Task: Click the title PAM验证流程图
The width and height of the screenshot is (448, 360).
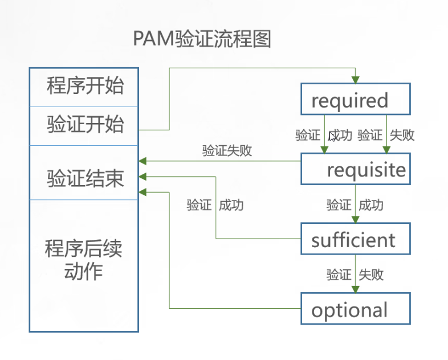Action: (202, 39)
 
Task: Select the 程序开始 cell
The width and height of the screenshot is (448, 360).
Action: (84, 87)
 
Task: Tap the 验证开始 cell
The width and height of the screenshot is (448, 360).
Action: (84, 125)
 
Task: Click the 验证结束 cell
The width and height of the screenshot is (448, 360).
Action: (84, 178)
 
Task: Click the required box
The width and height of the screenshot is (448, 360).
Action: (355, 100)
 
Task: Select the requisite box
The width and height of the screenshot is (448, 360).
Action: (355, 169)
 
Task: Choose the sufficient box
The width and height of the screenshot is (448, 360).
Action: (355, 239)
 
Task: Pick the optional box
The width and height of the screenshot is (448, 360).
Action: (355, 309)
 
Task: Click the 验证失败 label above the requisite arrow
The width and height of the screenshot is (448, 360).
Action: (227, 151)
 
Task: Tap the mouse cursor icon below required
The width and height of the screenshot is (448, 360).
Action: (333, 136)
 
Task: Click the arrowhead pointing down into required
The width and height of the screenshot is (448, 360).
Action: (356, 79)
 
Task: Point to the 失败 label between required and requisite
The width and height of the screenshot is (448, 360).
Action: (402, 136)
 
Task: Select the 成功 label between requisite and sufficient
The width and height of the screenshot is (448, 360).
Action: (371, 205)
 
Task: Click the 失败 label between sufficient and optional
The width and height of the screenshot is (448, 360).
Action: (371, 275)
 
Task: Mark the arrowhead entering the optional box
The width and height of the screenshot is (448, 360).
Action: (356, 289)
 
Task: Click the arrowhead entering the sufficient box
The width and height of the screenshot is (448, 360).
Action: (356, 219)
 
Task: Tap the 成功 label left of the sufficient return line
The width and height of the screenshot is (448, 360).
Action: (231, 205)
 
